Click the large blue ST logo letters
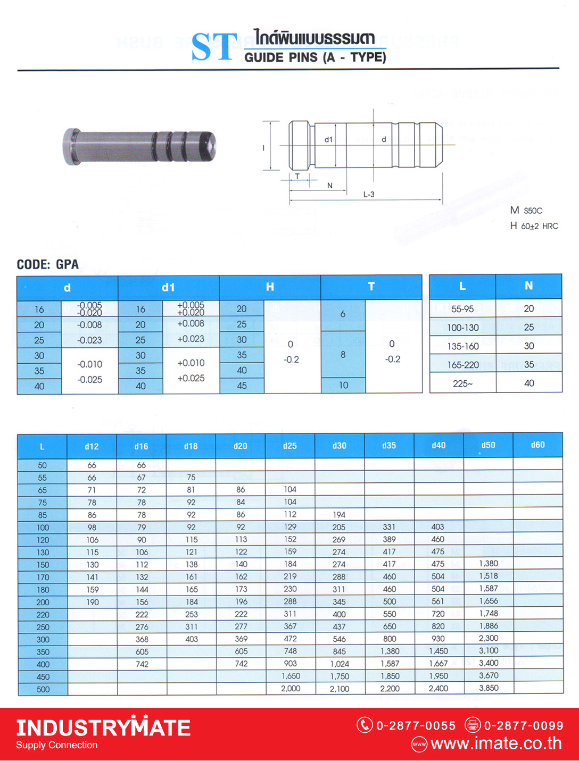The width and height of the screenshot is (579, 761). coord(214,47)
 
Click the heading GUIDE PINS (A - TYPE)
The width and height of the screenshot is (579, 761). coord(315,57)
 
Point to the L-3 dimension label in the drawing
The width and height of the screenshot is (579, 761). coord(369,195)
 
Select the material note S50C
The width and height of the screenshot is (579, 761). coord(533,211)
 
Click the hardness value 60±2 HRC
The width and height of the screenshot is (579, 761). coord(539,226)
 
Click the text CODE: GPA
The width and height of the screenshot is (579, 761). coord(48,264)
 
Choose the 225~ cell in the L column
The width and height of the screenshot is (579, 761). coord(462,383)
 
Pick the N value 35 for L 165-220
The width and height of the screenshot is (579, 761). coord(528,365)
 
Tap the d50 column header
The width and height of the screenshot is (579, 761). coord(488,445)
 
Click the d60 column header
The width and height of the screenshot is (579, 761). coord(537,445)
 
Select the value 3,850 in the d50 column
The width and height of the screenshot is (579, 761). coord(489,688)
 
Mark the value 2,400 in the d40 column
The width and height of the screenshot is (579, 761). coord(439,688)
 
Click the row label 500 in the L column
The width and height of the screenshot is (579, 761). coord(43,689)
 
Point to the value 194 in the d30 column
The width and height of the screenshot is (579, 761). coord(339,515)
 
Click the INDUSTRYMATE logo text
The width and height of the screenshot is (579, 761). coord(103,728)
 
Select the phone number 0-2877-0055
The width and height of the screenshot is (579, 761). coord(416,725)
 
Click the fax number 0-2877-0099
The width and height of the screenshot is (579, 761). coord(523,725)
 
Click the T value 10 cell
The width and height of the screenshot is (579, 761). coord(343,385)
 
